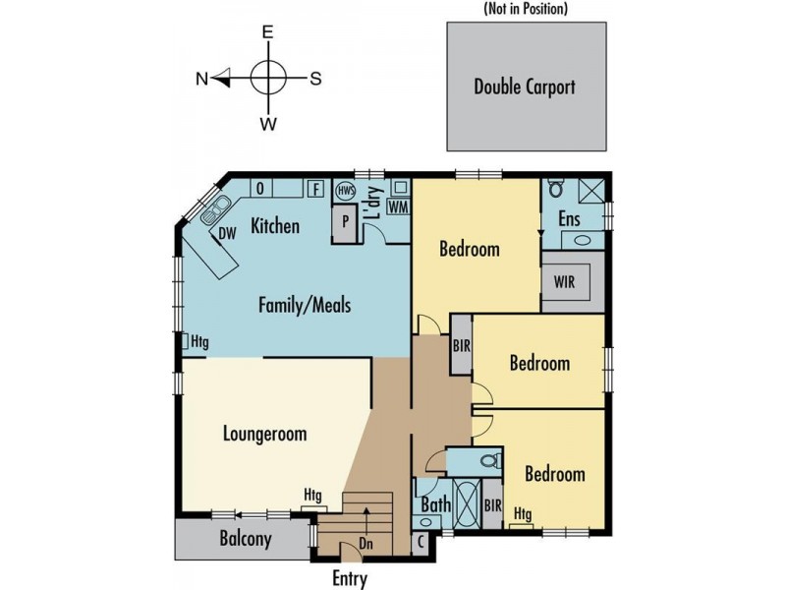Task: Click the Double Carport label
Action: click(x=525, y=87)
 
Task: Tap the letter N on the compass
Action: click(x=201, y=79)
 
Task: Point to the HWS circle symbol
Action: click(x=346, y=191)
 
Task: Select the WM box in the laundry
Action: click(x=399, y=206)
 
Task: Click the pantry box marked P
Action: click(x=346, y=222)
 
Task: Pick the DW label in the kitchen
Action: click(x=227, y=233)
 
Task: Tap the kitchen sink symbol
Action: click(x=215, y=209)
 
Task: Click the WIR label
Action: click(x=564, y=281)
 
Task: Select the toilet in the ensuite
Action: click(x=554, y=187)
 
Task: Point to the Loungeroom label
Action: click(x=264, y=434)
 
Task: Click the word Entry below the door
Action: click(x=350, y=578)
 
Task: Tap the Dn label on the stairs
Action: click(x=365, y=544)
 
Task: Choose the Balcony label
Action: click(x=246, y=539)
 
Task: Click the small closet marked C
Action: click(x=421, y=543)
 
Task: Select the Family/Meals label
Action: click(x=305, y=305)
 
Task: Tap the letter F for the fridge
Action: click(x=315, y=189)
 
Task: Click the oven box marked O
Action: click(x=260, y=189)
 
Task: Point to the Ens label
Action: click(x=570, y=219)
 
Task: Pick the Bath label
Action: click(x=436, y=504)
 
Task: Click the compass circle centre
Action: click(x=268, y=79)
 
